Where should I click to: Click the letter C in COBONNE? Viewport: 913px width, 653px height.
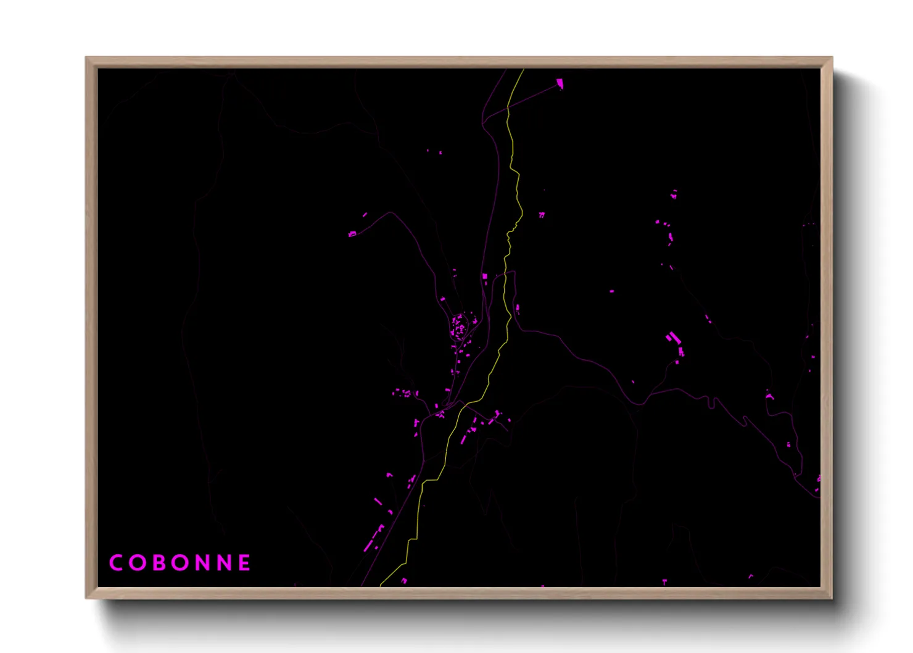pyautogui.click(x=115, y=563)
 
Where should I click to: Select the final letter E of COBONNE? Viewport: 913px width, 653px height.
pyautogui.click(x=244, y=563)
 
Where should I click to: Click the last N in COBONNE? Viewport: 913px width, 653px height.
pyautogui.click(x=223, y=563)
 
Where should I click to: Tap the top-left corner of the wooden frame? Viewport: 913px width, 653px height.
pyautogui.click(x=86, y=57)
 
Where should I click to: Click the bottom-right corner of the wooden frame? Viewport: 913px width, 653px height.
pyautogui.click(x=832, y=597)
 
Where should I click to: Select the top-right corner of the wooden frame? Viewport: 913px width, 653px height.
pyautogui.click(x=832, y=57)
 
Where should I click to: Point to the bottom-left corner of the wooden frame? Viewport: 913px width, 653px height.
pyautogui.click(x=86, y=597)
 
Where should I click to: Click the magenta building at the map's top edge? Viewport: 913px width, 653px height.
pyautogui.click(x=560, y=83)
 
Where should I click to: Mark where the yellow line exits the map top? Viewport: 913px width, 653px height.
pyautogui.click(x=523, y=70)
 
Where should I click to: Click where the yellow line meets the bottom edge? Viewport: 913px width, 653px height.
pyautogui.click(x=381, y=584)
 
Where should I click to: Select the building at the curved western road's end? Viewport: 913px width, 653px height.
pyautogui.click(x=352, y=234)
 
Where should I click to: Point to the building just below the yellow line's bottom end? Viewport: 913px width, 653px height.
pyautogui.click(x=404, y=581)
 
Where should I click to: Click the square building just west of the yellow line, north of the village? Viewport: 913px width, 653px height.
pyautogui.click(x=485, y=277)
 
